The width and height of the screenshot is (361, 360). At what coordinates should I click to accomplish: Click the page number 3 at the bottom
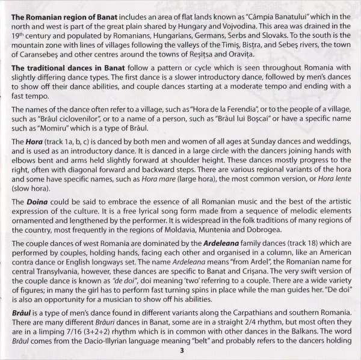[x=180, y=352]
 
